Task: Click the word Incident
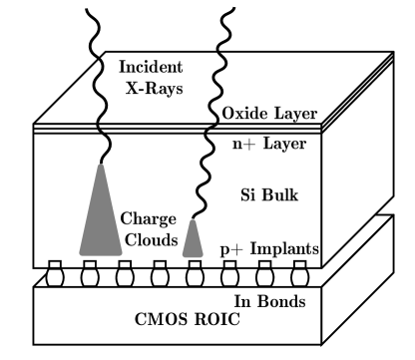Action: pos(150,67)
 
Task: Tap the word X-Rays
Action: pos(151,87)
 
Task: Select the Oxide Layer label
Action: pos(269,113)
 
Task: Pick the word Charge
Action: pos(149,218)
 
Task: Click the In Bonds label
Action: pos(275,301)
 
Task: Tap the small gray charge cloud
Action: pos(195,240)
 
